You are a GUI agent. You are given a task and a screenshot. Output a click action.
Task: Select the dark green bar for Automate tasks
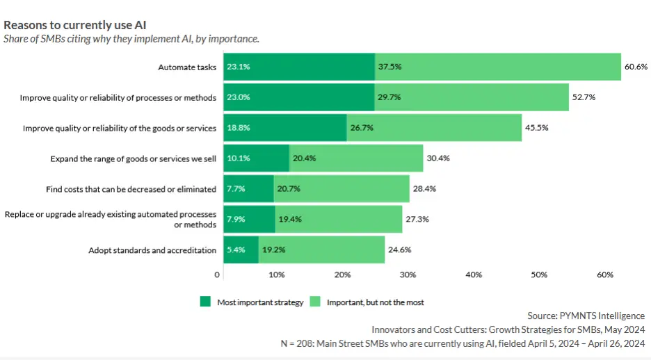point(299,67)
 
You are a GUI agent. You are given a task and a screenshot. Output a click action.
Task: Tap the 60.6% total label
point(636,67)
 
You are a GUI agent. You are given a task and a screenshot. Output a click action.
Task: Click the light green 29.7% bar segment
point(472,97)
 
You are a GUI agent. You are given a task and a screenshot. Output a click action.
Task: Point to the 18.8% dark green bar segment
point(285,128)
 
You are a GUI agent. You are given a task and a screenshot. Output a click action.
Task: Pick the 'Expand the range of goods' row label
point(133,158)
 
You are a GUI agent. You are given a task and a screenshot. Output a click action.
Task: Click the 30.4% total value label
point(438,158)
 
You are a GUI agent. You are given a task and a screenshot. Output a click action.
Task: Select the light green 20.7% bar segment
point(341,189)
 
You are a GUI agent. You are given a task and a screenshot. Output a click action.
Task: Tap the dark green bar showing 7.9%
point(249,219)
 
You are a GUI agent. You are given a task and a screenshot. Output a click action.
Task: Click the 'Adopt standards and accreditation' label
point(152,250)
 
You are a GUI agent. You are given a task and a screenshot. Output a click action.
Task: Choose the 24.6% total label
point(400,249)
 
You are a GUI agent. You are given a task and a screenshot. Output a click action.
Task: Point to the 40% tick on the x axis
point(474,275)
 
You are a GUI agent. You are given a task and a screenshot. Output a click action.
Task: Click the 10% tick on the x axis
point(276,275)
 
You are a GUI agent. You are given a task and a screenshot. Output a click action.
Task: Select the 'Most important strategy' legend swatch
point(205,302)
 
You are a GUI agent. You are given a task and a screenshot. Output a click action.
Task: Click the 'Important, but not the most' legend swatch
point(314,302)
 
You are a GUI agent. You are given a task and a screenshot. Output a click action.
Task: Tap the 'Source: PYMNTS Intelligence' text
point(586,316)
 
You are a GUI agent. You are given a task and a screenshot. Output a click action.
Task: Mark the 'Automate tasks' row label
point(187,67)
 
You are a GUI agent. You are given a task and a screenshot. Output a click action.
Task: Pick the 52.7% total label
point(584,97)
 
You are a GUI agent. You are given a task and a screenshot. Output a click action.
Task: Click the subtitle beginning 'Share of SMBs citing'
point(131,39)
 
